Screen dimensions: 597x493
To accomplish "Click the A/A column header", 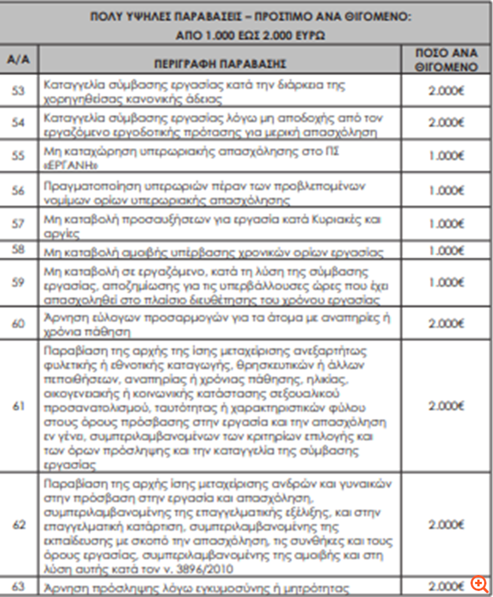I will (18, 59).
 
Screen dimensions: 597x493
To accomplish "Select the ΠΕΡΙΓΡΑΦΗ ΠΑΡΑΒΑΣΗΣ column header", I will (220, 64).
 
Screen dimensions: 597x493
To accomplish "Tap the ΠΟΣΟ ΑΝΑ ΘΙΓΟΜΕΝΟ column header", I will (446, 59).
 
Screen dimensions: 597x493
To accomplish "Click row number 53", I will (18, 91).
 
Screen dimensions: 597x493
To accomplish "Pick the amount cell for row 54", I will (446, 123).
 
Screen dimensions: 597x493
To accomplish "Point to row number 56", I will (18, 190).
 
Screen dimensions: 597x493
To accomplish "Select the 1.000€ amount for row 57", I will (446, 224).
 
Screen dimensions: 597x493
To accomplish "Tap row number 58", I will (18, 249).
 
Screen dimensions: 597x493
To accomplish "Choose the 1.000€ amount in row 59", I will (446, 283).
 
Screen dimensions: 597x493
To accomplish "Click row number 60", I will (18, 323).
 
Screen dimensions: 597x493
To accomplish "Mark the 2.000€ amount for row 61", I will (446, 406).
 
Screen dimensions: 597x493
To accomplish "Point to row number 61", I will (18, 406).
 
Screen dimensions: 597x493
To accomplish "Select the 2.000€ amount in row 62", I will (446, 525).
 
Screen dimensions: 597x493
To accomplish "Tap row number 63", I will (18, 586).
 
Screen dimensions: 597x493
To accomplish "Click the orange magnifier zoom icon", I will (479, 583).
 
